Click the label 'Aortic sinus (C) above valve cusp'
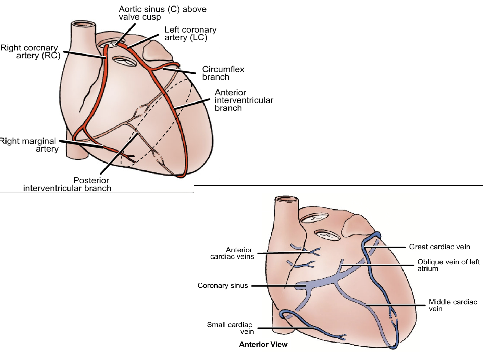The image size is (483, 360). [x=162, y=13]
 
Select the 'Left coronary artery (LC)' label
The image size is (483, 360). [x=190, y=33]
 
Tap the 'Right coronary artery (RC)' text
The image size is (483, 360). [x=30, y=51]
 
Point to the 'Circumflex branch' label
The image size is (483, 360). [x=223, y=73]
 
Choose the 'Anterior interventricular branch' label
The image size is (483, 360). [x=244, y=100]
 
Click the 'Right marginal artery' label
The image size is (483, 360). [x=29, y=145]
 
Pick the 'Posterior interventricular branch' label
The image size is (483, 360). [x=67, y=184]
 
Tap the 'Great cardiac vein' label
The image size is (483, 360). [x=439, y=247]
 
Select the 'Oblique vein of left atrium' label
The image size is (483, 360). [x=448, y=265]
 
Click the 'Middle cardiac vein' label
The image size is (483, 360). [x=453, y=305]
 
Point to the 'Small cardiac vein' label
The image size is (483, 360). [x=231, y=328]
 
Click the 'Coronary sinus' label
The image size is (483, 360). [x=223, y=285]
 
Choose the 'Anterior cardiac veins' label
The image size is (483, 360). [x=232, y=253]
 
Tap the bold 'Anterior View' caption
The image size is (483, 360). [x=263, y=345]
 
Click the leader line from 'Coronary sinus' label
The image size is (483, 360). [x=279, y=286]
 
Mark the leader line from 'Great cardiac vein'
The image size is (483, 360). [x=385, y=247]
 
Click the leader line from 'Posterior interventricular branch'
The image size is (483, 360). [x=119, y=153]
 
